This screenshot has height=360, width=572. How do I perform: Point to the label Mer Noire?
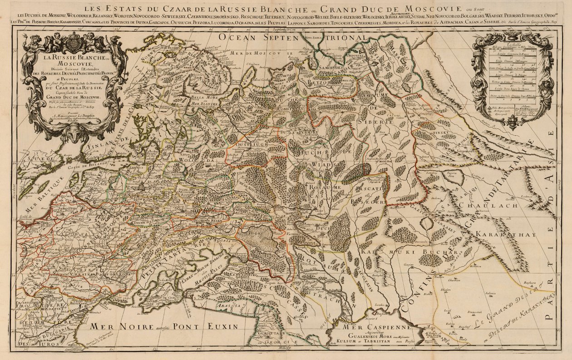[113, 326]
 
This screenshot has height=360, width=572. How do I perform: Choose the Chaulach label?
[495, 206]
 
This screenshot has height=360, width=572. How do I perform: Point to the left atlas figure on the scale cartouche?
[479, 82]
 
